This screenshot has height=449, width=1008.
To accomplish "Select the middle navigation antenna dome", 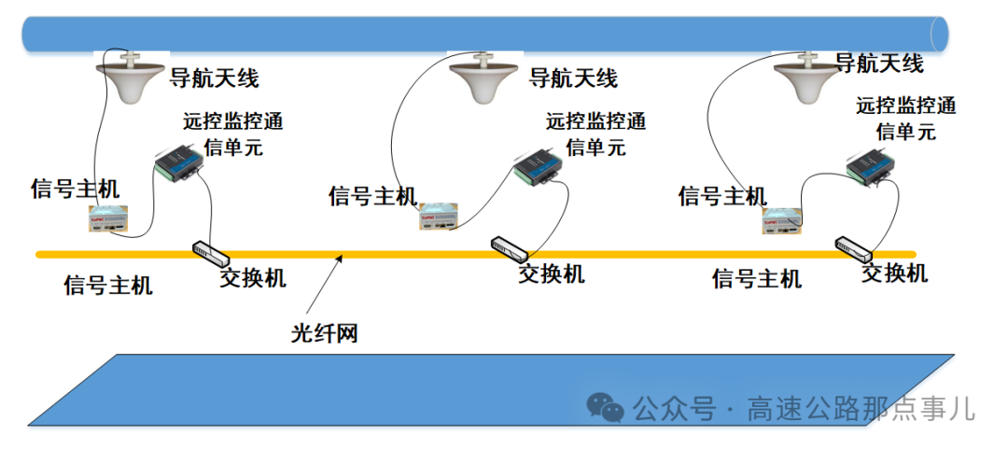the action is [x=484, y=79].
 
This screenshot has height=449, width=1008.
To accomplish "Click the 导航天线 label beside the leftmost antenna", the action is [x=213, y=77].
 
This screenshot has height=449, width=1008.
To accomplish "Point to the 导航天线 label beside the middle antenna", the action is [x=573, y=77].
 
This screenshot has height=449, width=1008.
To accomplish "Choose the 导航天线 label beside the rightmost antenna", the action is [x=878, y=63].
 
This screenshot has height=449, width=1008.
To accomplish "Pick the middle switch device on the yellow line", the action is [x=510, y=248].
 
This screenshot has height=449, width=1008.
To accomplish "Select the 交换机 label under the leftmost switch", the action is [x=253, y=277].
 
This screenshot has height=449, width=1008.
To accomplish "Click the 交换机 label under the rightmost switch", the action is [x=894, y=273].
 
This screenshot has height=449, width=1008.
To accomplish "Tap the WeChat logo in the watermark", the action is [x=605, y=407].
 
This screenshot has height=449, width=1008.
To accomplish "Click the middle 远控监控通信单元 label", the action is [x=595, y=133].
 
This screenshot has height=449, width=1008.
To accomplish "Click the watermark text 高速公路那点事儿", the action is [x=860, y=408].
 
